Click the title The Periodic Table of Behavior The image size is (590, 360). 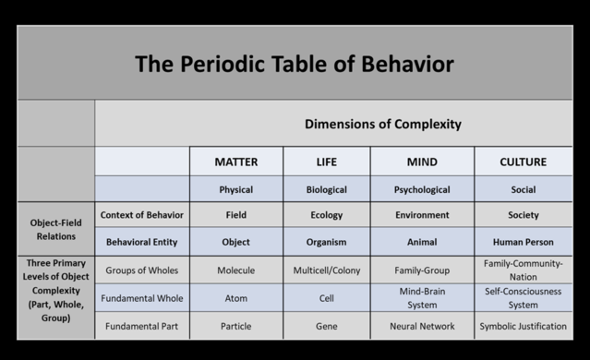point(295,65)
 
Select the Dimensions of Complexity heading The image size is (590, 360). point(382,124)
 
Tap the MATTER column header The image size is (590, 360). point(235,162)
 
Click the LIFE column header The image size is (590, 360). point(326,162)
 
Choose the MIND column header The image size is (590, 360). point(422,162)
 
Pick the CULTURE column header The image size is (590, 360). point(523,162)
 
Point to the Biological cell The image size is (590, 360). point(326,190)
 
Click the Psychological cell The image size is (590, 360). point(422,190)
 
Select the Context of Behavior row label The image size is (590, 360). point(142,215)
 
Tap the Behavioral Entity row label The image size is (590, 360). point(142,243)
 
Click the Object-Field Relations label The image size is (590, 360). point(55,229)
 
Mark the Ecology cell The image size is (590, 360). point(326,215)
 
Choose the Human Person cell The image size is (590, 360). point(523,243)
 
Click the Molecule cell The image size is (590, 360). point(235,270)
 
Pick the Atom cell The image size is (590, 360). point(235,298)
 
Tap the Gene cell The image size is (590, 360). point(326,326)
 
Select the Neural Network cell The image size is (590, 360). point(422,326)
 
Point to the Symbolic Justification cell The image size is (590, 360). point(523,326)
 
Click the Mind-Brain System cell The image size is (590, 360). point(422,298)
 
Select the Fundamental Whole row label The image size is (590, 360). point(142,298)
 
